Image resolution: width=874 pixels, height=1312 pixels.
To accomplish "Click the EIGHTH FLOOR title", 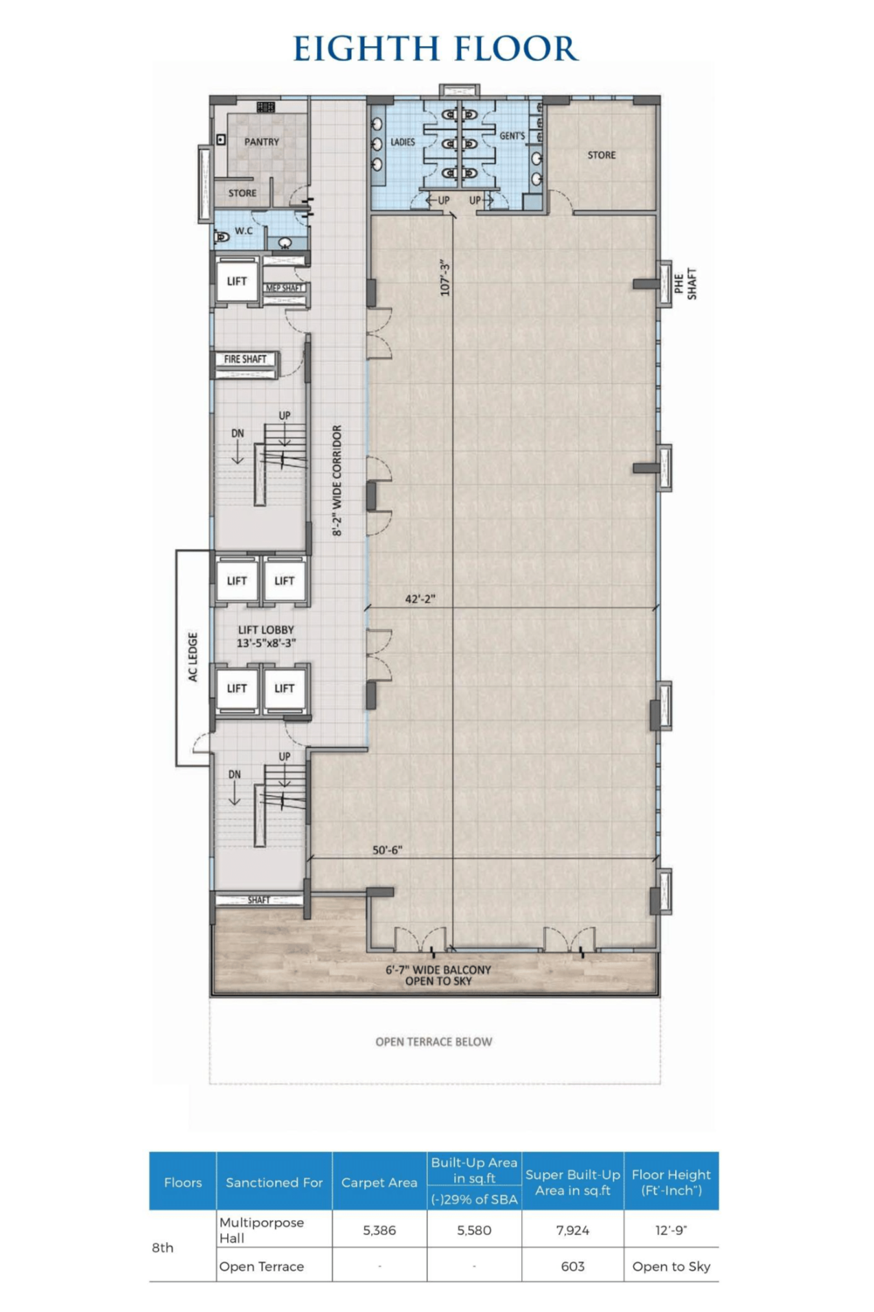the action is (x=436, y=49).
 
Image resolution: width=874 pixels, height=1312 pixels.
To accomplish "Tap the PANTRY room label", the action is (x=261, y=142).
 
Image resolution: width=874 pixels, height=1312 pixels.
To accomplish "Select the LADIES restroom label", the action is (x=403, y=142).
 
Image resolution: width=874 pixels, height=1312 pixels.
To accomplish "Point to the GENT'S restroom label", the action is (x=512, y=136).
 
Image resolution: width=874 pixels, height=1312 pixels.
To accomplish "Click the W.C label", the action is (x=244, y=231).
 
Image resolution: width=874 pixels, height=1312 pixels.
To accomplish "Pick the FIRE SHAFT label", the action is (x=245, y=359).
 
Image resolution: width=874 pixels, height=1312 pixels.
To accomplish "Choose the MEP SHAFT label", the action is (x=284, y=288).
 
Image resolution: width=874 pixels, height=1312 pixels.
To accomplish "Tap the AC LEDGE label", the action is (x=193, y=657).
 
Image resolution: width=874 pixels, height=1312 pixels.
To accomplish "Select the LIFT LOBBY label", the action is (x=266, y=630).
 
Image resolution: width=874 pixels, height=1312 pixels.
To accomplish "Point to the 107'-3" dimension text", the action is (x=445, y=278).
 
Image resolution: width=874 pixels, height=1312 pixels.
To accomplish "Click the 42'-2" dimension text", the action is (x=420, y=599).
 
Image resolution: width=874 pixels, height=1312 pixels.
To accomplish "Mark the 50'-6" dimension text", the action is (x=387, y=850).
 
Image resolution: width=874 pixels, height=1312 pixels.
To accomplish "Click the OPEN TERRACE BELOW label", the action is (x=434, y=1042).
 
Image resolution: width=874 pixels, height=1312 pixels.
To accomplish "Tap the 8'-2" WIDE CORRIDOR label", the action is (x=337, y=480).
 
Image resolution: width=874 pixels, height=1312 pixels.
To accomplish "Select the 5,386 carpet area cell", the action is (x=379, y=1230).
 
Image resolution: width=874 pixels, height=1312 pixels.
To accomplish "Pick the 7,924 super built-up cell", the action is (x=573, y=1230).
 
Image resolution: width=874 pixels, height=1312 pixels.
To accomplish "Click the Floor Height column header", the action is (x=671, y=1182).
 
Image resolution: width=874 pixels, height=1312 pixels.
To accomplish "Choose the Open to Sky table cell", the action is (x=671, y=1267).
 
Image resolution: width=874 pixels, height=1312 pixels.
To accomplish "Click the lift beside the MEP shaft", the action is (x=237, y=281).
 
